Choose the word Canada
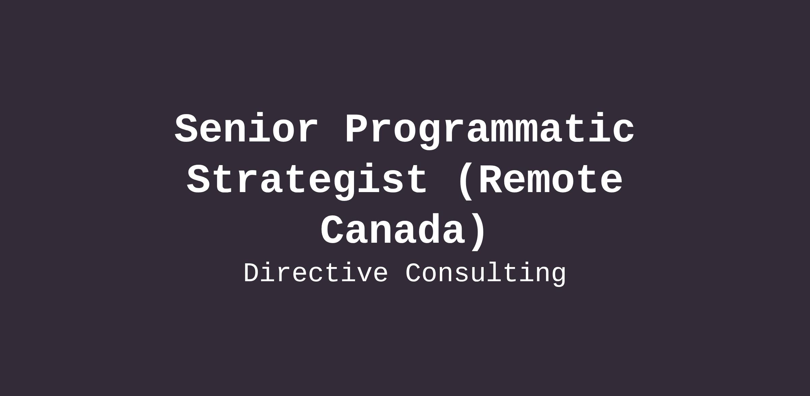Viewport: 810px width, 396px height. click(393, 229)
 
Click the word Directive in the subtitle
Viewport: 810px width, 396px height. click(316, 273)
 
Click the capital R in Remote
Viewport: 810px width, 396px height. click(491, 179)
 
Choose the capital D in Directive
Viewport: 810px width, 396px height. click(253, 273)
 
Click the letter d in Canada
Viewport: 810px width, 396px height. click(429, 229)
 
